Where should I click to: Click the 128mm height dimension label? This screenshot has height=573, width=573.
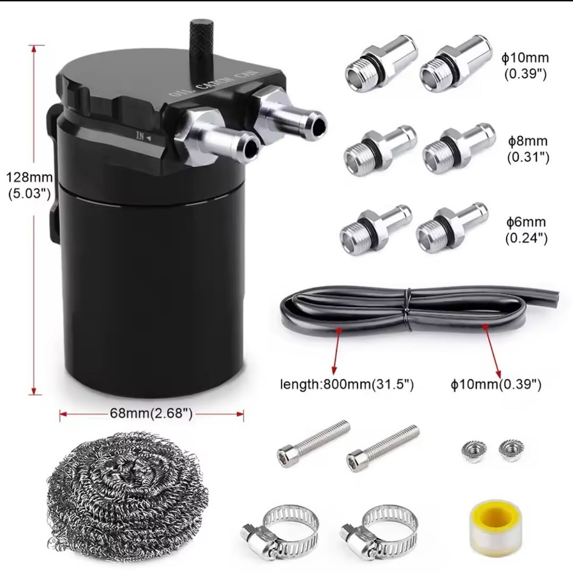tap(30, 185)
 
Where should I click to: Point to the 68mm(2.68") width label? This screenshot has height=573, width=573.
tap(151, 413)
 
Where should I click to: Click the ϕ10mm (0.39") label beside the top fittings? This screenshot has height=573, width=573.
tap(525, 66)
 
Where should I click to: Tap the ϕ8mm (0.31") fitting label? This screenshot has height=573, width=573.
tap(528, 149)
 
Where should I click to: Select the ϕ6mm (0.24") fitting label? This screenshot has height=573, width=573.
tap(526, 230)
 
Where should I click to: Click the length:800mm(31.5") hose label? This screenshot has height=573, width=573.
tap(347, 385)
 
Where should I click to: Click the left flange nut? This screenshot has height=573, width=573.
tap(474, 452)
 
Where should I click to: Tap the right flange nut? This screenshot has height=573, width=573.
tap(511, 450)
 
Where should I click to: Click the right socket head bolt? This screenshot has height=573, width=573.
tap(383, 448)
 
